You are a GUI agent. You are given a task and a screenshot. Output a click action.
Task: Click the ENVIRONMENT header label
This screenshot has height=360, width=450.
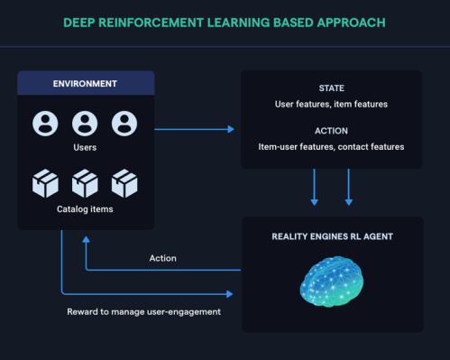pos(86,83)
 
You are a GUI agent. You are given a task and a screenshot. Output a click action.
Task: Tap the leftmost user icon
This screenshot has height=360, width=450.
pos(45,123)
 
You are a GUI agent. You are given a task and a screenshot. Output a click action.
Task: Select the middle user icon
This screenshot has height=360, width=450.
pos(85,123)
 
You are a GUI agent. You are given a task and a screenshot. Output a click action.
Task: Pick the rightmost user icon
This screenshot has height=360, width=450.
pos(124,123)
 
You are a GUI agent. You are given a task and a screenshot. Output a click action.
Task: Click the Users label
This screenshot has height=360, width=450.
pos(86,147)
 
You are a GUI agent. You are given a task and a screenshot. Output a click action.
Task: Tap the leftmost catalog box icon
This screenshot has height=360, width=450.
pos(45,183)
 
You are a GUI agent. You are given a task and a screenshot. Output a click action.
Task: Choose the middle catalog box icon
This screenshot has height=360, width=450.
pos(85,183)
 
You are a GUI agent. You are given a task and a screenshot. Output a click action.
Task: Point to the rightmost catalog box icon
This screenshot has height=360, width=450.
pos(124,183)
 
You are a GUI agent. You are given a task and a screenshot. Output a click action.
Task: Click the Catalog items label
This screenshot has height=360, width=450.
pos(86,209)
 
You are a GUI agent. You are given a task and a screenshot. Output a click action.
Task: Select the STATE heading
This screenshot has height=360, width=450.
pos(331,88)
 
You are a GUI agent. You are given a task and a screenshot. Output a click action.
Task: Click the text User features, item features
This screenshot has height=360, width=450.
pos(331,105)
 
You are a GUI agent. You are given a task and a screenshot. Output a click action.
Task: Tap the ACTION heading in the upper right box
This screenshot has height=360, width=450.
pos(331,130)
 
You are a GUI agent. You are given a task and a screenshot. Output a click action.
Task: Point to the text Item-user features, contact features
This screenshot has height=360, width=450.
pos(331,146)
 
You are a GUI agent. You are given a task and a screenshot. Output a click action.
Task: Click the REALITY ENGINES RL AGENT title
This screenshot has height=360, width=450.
pos(331,235)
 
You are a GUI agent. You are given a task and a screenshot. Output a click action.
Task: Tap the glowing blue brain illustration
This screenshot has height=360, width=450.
pos(331,282)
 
